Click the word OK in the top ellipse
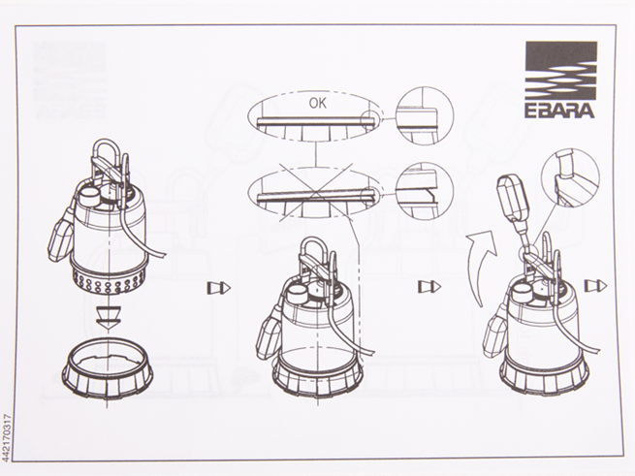tap(318, 104)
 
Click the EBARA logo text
tap(560, 111)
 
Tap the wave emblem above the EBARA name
tap(561, 72)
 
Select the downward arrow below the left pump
tap(109, 316)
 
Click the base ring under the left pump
tap(108, 369)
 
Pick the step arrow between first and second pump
tap(219, 288)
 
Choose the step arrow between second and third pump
tap(429, 287)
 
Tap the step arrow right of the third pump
tap(595, 286)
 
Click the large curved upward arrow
tap(480, 268)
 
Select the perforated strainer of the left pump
tap(109, 280)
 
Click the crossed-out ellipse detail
tap(315, 192)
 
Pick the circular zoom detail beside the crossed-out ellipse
tap(424, 191)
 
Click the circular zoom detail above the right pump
tap(571, 178)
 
